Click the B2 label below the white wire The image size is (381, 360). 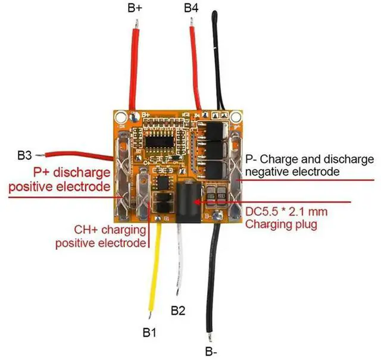point(179,310)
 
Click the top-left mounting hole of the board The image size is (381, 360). point(121,117)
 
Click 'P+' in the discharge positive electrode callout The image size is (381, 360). point(43,173)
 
